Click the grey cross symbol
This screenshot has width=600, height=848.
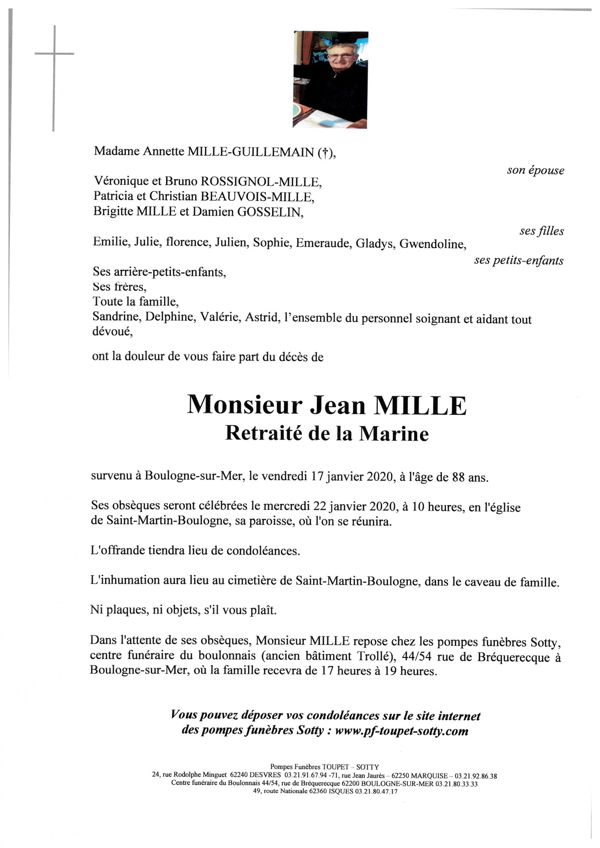(54, 54)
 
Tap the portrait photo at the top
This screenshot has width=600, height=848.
(330, 80)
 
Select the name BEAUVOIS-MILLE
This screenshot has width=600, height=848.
(256, 196)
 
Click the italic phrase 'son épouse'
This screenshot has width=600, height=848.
(535, 170)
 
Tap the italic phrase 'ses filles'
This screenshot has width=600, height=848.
(541, 231)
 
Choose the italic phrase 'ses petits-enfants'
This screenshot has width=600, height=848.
(518, 260)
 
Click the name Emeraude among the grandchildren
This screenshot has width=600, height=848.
(324, 243)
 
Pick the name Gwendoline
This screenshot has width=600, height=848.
(433, 244)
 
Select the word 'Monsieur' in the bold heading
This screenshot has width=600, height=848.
(244, 405)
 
